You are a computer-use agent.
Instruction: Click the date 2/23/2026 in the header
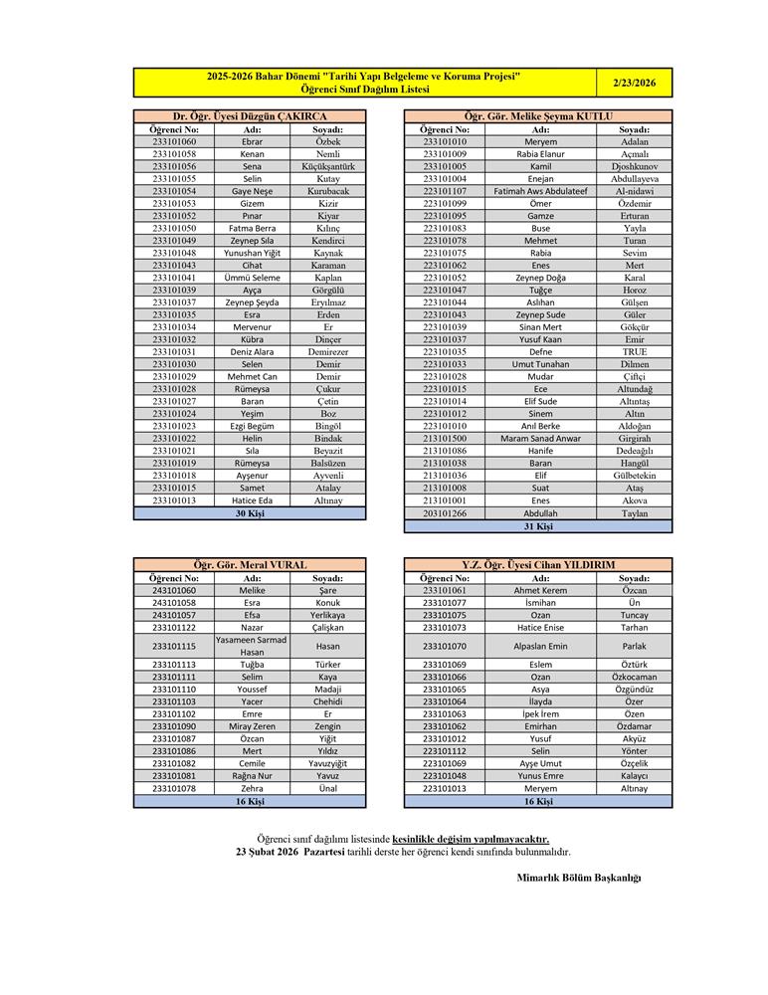point(635,83)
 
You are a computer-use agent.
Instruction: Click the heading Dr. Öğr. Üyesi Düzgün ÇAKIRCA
point(250,116)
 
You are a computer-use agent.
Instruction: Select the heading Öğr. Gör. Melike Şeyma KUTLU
point(538,116)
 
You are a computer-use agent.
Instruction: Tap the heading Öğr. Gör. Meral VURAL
point(250,565)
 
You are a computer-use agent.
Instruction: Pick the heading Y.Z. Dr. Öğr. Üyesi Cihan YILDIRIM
point(538,565)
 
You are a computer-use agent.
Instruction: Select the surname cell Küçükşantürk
point(327,166)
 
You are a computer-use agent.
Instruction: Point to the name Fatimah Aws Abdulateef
point(541,191)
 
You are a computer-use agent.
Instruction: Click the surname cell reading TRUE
point(634,351)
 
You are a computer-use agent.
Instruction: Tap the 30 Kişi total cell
point(250,513)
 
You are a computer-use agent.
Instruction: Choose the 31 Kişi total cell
point(538,525)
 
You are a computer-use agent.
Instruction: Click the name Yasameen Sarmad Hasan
point(252,646)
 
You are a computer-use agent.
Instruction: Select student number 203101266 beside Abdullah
point(445,513)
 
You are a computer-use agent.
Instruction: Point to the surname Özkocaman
point(634,677)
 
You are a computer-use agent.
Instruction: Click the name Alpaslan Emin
point(541,646)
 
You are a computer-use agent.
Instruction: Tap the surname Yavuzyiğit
point(327,763)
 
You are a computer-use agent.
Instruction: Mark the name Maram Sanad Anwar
point(541,438)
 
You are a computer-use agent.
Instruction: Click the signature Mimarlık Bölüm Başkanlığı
point(579,877)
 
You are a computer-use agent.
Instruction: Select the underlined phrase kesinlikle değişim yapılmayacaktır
point(471,839)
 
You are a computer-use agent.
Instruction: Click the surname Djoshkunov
point(634,166)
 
